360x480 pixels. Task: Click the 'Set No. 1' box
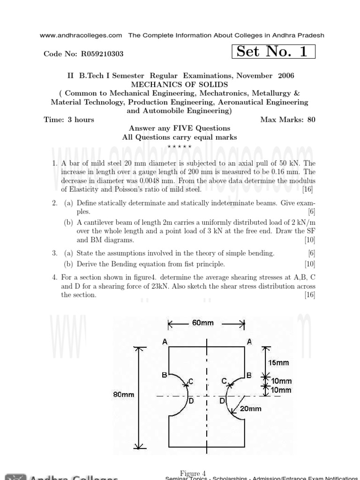pyautogui.click(x=273, y=52)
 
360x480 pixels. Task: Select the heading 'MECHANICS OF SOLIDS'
pyautogui.click(x=180, y=84)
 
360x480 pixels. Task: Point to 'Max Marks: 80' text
pyautogui.click(x=288, y=120)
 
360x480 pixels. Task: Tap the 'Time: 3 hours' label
pyautogui.click(x=69, y=120)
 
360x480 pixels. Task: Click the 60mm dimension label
pyautogui.click(x=202, y=323)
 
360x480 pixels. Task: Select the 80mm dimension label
pyautogui.click(x=124, y=395)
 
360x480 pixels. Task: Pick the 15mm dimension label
pyautogui.click(x=278, y=362)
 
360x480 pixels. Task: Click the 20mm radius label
pyautogui.click(x=251, y=408)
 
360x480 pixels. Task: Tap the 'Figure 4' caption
pyautogui.click(x=193, y=473)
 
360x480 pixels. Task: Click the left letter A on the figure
pyautogui.click(x=165, y=342)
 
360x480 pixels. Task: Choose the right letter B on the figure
pyautogui.click(x=249, y=375)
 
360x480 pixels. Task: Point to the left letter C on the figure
pyautogui.click(x=191, y=381)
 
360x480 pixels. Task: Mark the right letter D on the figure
pyautogui.click(x=222, y=401)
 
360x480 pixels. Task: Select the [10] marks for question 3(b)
pyautogui.click(x=309, y=264)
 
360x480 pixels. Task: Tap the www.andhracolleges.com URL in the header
pyautogui.click(x=81, y=35)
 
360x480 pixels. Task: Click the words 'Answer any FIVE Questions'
pyautogui.click(x=180, y=128)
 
